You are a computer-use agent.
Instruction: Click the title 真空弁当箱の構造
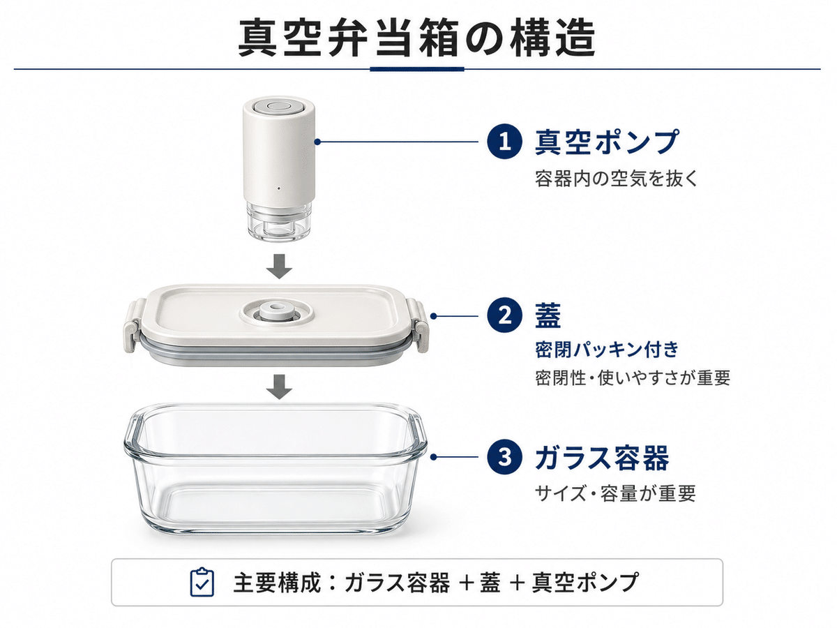(416, 38)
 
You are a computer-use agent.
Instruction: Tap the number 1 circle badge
(504, 142)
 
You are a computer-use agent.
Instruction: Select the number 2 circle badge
(504, 316)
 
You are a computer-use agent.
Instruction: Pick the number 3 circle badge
(504, 456)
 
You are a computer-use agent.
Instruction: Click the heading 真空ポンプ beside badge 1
(607, 142)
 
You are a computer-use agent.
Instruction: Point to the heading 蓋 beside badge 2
(548, 316)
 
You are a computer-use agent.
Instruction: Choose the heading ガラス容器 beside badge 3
(602, 457)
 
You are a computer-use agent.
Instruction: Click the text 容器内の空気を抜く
(616, 179)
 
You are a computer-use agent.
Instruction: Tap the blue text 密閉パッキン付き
(607, 350)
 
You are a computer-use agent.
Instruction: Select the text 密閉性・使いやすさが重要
(633, 378)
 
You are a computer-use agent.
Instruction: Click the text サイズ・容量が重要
(615, 493)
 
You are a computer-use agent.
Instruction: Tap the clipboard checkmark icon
(202, 582)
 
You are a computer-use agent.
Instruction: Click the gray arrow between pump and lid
(279, 266)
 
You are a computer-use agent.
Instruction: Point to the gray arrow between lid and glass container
(279, 387)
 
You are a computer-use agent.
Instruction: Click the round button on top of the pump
(279, 105)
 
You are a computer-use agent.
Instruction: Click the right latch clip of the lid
(416, 325)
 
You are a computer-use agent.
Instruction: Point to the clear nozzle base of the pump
(279, 222)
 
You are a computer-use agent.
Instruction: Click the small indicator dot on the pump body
(279, 188)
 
